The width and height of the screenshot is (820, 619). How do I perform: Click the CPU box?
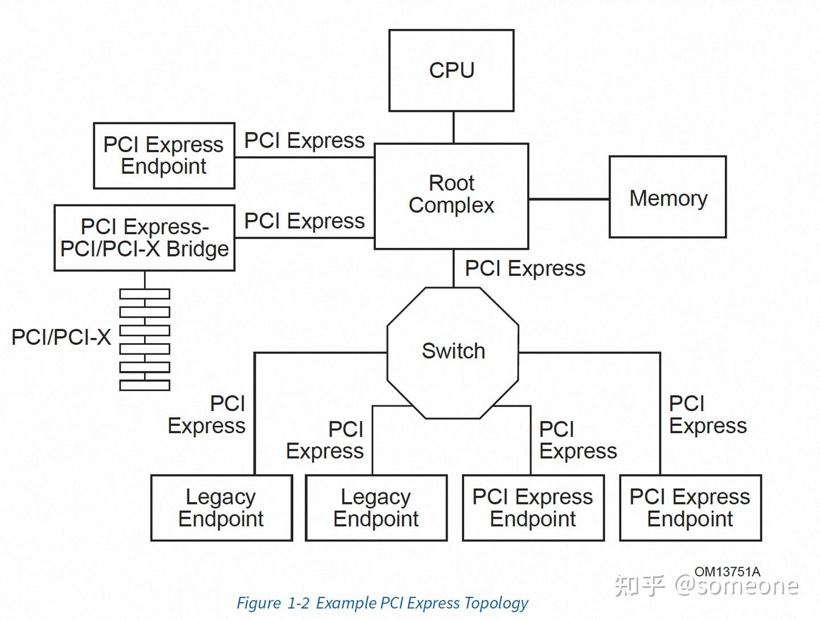pos(451,70)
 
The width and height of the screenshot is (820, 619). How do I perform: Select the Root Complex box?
pos(451,196)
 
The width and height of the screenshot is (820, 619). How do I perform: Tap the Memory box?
pos(667,197)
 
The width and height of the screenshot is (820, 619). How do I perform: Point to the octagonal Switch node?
pos(453,352)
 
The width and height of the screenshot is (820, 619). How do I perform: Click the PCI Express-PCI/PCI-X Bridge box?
pos(145,238)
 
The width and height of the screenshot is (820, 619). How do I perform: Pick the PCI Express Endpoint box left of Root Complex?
pos(164,155)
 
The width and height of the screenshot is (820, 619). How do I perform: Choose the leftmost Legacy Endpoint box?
pos(222,507)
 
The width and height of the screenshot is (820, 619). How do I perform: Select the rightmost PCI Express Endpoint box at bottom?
pos(690,507)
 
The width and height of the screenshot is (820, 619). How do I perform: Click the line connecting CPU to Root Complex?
pos(453,127)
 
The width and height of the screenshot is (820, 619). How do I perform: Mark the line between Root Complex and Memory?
pos(568,199)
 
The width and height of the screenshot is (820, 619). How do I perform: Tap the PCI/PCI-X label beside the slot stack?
pos(61,337)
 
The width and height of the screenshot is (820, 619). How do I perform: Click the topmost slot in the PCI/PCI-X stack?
pos(145,294)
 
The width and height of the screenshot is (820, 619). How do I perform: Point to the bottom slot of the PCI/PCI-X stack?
pos(145,385)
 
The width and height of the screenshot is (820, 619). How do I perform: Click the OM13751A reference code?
pos(727,572)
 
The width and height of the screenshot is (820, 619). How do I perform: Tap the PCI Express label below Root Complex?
pos(525,268)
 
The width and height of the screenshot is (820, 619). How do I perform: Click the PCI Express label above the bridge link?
pos(305,221)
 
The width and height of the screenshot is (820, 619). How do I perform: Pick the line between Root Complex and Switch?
pos(453,268)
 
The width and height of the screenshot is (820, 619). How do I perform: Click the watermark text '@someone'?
pos(737,586)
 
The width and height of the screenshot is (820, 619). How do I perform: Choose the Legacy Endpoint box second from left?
pos(376,507)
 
